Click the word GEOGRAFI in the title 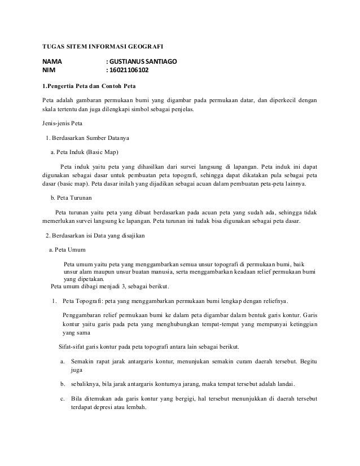pyautogui.click(x=144, y=45)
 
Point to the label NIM pyautogui.click(x=50, y=72)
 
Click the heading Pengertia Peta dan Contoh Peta pyautogui.click(x=92, y=87)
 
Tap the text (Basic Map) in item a pyautogui.click(x=102, y=152)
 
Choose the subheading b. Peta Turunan pyautogui.click(x=72, y=199)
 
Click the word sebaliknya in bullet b pyautogui.click(x=85, y=385)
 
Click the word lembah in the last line pyautogui.click(x=134, y=409)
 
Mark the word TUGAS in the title pyautogui.click(x=54, y=45)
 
